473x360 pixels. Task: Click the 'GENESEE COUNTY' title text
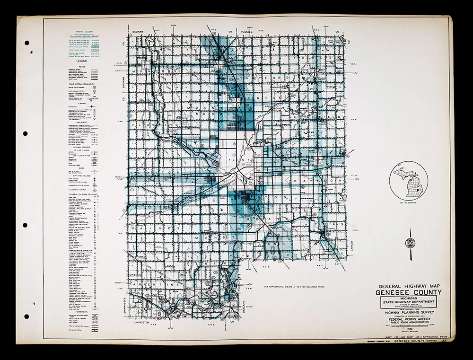(409, 292)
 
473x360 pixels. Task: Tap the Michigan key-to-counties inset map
(408, 180)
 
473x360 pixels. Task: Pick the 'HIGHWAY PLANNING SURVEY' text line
(409, 313)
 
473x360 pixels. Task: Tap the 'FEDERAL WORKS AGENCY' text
(409, 319)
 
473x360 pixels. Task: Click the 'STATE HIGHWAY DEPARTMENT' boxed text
(409, 302)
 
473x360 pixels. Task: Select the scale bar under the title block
(409, 325)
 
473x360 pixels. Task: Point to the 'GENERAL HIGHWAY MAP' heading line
(409, 286)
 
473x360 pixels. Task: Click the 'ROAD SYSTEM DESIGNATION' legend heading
(82, 84)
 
